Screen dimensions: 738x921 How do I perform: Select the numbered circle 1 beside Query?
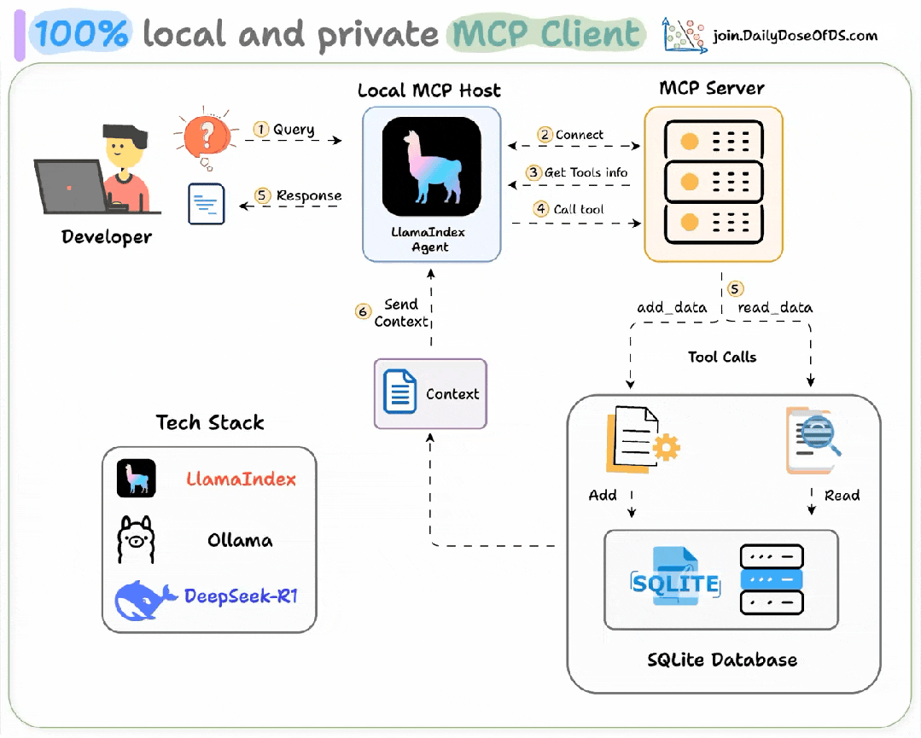tap(261, 130)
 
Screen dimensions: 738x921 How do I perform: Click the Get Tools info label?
tap(586, 172)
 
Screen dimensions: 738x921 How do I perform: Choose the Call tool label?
tap(578, 209)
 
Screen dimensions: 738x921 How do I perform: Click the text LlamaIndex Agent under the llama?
tap(432, 239)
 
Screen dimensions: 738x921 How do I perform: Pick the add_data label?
tap(671, 307)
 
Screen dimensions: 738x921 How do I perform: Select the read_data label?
tap(774, 307)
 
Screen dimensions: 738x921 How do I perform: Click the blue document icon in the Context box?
tap(399, 392)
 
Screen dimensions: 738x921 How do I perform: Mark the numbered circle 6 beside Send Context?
tap(363, 312)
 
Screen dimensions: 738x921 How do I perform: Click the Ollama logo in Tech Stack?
tap(136, 539)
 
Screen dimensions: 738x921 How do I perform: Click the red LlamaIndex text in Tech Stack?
tap(241, 479)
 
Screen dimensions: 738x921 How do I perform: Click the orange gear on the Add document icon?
tap(665, 447)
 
